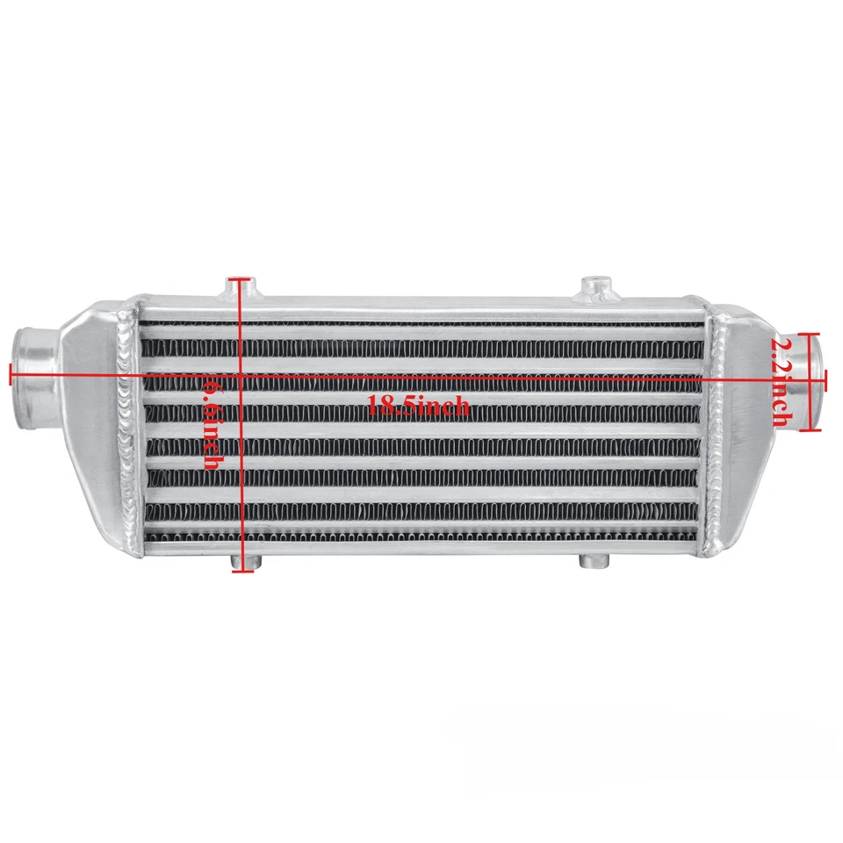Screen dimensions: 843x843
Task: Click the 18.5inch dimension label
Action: (x=418, y=406)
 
